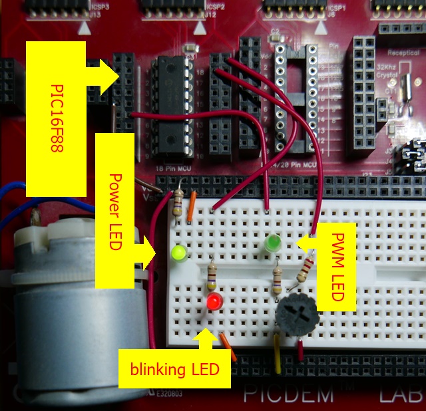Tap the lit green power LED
pos(179,253)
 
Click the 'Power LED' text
pos(114,211)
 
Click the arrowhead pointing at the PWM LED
pos(304,243)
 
